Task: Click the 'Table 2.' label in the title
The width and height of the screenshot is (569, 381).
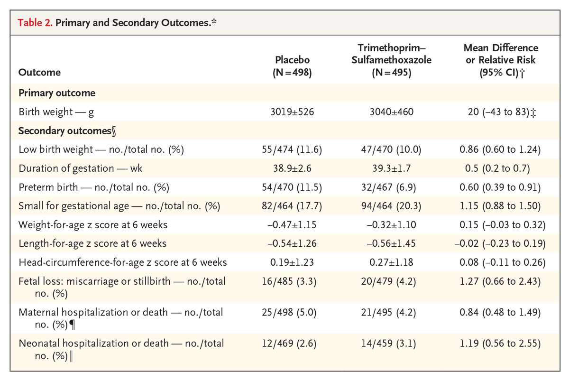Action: pos(35,22)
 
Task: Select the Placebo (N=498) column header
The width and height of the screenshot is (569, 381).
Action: pos(293,66)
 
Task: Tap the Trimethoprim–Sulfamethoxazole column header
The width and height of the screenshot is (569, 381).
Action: pos(391,60)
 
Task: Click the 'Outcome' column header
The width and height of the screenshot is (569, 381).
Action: pos(39,73)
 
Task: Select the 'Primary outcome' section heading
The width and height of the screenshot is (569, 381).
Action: pos(57,93)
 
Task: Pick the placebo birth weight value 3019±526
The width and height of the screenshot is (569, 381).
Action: pos(293,112)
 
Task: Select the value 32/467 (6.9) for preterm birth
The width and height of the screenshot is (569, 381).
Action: pos(391,187)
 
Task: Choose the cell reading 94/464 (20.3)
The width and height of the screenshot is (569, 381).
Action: pos(391,206)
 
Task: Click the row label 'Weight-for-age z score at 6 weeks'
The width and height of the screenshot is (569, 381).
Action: pos(92,224)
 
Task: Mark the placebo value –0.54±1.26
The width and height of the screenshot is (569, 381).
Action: pos(293,243)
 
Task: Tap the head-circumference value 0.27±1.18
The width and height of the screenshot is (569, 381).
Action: pos(391,262)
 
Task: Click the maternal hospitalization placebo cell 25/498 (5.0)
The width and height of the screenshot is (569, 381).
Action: pos(293,312)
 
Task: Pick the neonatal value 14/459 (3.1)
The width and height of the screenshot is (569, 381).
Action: pos(391,343)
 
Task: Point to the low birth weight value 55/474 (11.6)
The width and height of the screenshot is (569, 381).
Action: pos(293,149)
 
